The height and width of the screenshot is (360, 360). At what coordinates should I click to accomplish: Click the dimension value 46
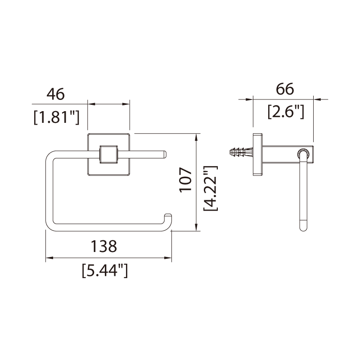[x=56, y=94]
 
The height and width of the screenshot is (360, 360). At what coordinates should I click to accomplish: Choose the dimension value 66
[x=285, y=89]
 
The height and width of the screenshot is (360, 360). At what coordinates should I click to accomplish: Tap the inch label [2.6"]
[x=286, y=111]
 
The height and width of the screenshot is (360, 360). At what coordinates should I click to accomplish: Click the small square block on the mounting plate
[x=108, y=154]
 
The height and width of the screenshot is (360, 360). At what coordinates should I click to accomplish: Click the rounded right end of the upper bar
[x=165, y=154]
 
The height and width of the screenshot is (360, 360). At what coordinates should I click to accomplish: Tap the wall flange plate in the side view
[x=258, y=154]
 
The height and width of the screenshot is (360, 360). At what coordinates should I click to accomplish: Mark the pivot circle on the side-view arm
[x=304, y=153]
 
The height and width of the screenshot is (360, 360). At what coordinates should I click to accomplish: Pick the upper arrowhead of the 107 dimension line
[x=197, y=136]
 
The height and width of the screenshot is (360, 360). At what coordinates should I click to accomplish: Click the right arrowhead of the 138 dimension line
[x=169, y=258]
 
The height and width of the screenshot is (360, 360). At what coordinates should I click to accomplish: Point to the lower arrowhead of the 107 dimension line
[x=197, y=228]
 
